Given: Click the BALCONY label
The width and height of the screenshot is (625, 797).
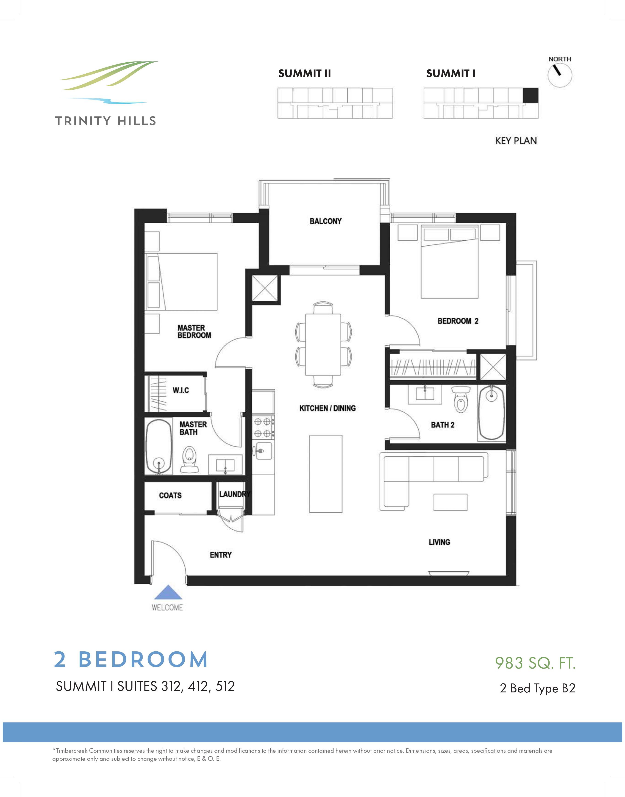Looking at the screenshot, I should click(x=325, y=221).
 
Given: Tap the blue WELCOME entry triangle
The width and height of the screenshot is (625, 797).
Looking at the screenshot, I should click(x=168, y=592).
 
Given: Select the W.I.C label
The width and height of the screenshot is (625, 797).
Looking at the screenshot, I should click(x=181, y=390).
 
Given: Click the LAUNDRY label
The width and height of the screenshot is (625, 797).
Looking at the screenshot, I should click(x=235, y=494).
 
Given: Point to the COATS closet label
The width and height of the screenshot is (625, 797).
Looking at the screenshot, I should click(x=170, y=495).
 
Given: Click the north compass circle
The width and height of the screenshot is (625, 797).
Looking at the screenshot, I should click(x=559, y=75).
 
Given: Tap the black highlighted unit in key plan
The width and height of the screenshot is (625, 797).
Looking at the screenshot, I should click(x=530, y=95).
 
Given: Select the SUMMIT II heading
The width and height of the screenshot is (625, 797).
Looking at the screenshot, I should click(x=304, y=74).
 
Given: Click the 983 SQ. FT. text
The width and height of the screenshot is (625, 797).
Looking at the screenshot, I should click(x=535, y=663).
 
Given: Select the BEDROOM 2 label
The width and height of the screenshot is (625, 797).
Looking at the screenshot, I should click(x=458, y=321).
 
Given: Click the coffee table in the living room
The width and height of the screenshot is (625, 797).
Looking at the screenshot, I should click(x=450, y=502).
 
